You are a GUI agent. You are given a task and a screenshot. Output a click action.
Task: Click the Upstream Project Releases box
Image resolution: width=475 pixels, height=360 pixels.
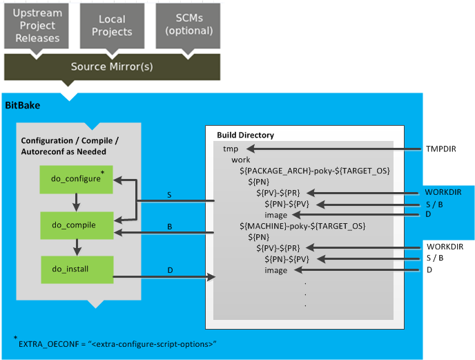[x=38, y=25]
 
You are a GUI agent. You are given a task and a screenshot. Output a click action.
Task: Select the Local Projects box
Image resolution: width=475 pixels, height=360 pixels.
[x=112, y=25]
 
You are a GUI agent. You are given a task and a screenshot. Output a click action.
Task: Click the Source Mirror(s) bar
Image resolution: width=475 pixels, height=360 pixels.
[x=112, y=66]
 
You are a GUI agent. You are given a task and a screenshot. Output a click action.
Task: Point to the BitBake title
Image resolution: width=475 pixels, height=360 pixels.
[x=23, y=106]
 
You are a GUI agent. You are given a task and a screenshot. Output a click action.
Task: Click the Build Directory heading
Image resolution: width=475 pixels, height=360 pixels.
[x=245, y=135]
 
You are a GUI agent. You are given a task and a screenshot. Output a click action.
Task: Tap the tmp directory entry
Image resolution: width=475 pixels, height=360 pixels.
[x=231, y=149]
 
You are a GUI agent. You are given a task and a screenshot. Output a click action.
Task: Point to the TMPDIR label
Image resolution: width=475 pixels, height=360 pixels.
[x=440, y=149]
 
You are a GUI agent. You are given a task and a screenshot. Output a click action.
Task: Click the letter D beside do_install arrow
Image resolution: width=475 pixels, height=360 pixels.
[x=170, y=269]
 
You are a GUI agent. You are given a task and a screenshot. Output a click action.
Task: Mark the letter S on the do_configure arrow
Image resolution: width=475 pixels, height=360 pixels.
[x=170, y=195]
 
